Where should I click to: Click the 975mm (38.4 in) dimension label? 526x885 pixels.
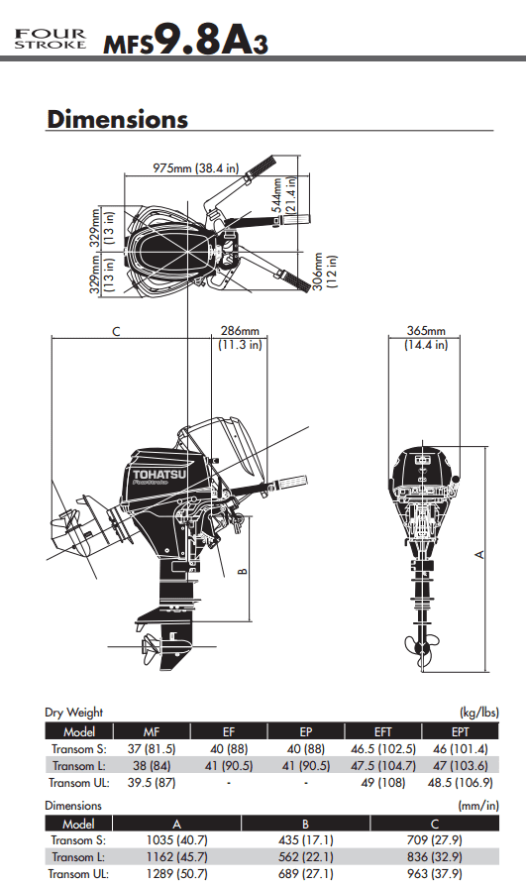[196, 167]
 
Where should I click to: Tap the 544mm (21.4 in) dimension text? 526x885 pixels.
[283, 194]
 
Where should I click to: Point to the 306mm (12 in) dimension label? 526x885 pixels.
[325, 272]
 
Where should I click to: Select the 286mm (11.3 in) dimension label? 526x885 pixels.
[240, 338]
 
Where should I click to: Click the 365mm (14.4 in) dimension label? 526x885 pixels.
[426, 338]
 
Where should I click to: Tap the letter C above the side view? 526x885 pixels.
[116, 331]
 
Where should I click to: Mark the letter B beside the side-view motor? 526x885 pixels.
[243, 571]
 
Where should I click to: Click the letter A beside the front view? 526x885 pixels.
[479, 555]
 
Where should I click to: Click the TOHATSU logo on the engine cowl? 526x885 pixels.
[159, 475]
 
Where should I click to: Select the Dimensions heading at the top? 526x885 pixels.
[118, 119]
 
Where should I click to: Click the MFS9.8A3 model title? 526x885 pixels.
[185, 39]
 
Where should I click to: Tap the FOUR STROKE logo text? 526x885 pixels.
[51, 39]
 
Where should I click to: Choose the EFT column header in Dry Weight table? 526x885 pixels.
[382, 731]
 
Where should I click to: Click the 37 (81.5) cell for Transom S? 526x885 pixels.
[152, 749]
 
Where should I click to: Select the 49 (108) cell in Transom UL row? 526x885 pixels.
[382, 783]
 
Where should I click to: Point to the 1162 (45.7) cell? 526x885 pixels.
[176, 857]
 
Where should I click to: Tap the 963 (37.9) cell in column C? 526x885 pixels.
[435, 874]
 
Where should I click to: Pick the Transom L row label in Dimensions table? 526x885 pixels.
[78, 857]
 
